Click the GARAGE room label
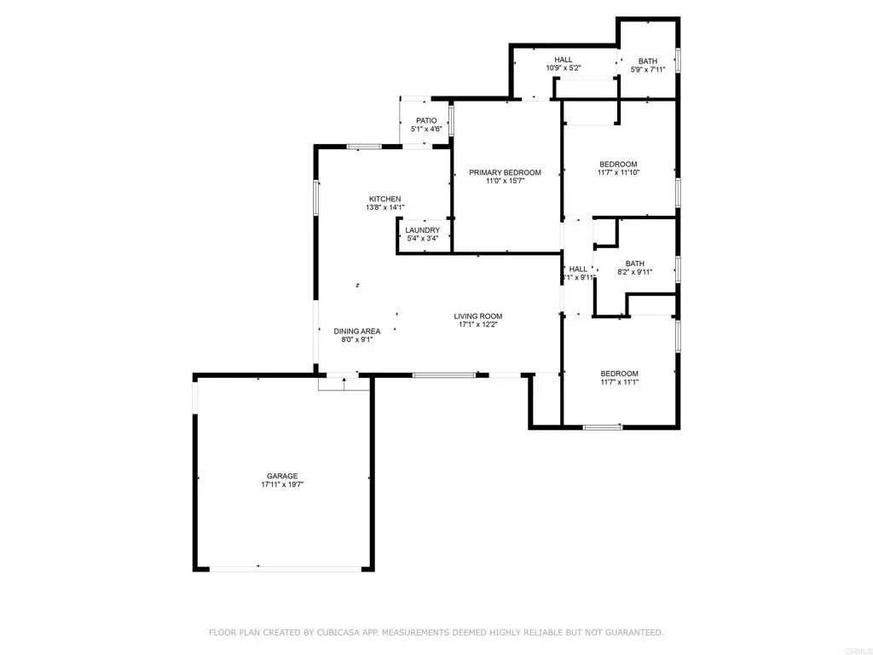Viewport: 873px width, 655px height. coord(283,476)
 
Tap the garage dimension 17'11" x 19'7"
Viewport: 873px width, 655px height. coord(283,484)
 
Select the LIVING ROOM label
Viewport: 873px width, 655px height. coord(478,316)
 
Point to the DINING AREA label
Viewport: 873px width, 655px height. coord(357,331)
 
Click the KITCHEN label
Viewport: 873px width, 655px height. coord(384,199)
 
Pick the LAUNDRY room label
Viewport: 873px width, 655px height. coord(423,230)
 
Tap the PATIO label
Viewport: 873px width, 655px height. coord(426,121)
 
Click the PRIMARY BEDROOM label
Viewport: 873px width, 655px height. coord(505,172)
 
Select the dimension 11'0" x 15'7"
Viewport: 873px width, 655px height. coord(505,181)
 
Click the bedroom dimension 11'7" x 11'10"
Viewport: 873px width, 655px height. coord(618,172)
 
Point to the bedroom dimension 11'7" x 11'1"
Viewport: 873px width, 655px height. coord(619,382)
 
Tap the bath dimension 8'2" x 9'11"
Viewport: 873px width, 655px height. coord(634,272)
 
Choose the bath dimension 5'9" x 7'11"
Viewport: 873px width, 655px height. coord(648,69)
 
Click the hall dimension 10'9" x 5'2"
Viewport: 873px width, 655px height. coord(563,67)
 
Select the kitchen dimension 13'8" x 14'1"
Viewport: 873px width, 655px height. coord(384,207)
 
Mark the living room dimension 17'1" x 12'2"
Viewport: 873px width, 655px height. coord(478,324)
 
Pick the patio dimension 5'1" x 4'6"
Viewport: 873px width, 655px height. coord(426,130)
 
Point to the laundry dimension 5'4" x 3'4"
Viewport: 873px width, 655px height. coord(423,239)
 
